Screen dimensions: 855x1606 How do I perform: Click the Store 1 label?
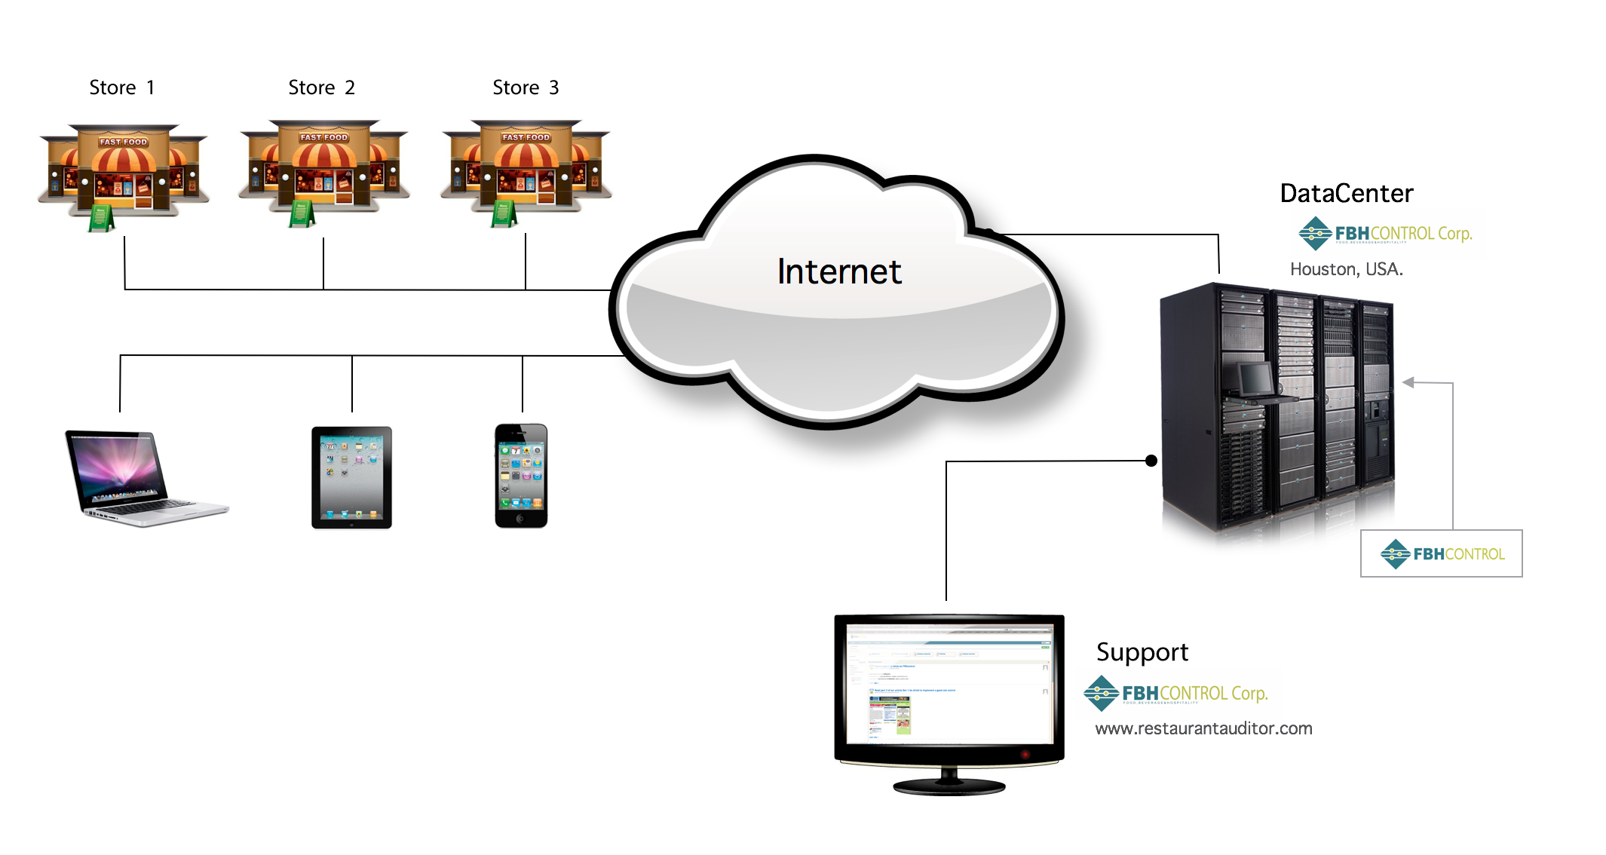(121, 87)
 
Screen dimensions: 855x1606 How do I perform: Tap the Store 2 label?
(321, 87)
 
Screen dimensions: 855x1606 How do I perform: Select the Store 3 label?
(526, 87)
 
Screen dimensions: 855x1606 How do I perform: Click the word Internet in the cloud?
(839, 271)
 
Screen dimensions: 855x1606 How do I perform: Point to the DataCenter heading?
(1346, 194)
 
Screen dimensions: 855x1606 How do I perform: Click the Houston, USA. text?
(1346, 269)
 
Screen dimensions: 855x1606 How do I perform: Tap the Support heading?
(1142, 652)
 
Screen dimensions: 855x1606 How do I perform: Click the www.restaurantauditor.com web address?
(1203, 728)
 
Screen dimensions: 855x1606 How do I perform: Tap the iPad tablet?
(351, 477)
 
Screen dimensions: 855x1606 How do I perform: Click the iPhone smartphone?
(521, 476)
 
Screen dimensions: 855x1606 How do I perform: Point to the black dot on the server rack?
(1151, 461)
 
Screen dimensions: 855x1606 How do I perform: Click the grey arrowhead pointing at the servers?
(1408, 382)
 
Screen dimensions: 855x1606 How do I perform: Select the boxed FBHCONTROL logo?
(1441, 553)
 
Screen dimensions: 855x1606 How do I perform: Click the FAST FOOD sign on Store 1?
(124, 142)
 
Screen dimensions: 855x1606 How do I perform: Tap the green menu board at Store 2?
(302, 213)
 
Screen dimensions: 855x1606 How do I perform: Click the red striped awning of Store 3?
(526, 156)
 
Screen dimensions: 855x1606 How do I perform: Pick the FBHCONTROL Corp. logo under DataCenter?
(1385, 234)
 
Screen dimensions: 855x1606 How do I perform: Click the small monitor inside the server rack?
(1255, 378)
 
